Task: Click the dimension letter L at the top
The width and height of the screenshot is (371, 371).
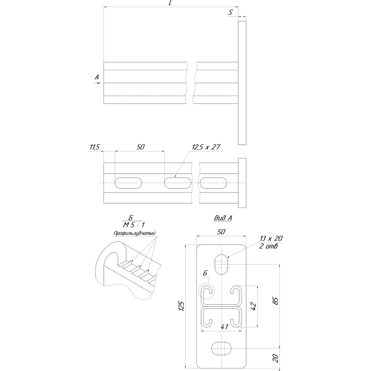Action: tap(170, 3)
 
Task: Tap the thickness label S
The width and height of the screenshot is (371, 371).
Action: tap(230, 13)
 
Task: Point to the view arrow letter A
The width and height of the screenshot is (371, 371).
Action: tap(96, 77)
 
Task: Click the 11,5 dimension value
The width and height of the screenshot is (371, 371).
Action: tap(94, 147)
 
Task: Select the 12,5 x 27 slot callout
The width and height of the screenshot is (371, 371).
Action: tap(206, 147)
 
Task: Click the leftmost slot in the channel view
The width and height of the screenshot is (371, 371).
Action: tap(128, 183)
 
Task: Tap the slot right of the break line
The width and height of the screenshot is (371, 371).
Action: tap(213, 183)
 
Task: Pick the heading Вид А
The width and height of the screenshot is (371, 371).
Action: tap(223, 218)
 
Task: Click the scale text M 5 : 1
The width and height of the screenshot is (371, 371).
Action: tap(134, 225)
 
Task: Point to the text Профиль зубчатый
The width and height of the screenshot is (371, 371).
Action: tap(134, 233)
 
